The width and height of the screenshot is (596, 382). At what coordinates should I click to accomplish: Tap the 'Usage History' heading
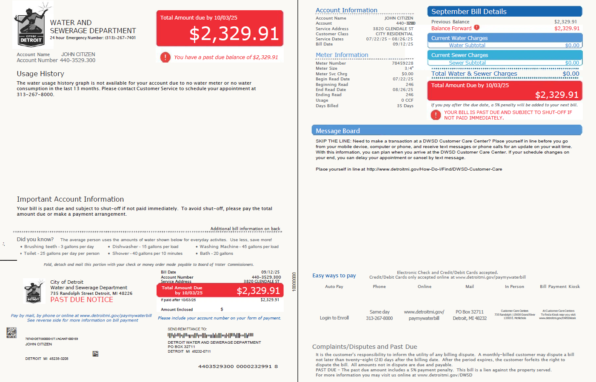[40, 74]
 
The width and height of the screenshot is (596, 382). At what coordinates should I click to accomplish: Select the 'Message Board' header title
[338, 131]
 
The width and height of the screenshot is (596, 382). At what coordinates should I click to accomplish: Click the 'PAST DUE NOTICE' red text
[82, 299]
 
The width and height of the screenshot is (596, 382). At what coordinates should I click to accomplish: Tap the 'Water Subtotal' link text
[467, 46]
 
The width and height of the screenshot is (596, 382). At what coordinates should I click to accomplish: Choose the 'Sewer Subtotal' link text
[467, 63]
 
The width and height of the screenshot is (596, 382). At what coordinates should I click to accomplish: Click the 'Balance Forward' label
[451, 29]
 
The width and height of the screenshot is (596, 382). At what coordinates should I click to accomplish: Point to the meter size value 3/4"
[408, 68]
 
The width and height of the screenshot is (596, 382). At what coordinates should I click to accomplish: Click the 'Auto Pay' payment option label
[334, 287]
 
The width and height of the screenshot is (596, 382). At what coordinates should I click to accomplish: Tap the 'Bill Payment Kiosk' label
[559, 287]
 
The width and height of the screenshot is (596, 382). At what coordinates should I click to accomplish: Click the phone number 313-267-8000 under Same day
[379, 318]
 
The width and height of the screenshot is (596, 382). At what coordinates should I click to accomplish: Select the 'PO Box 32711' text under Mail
[469, 312]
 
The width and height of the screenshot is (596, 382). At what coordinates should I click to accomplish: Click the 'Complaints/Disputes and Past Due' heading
[364, 347]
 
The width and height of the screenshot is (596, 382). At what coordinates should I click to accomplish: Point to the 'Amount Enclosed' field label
[177, 310]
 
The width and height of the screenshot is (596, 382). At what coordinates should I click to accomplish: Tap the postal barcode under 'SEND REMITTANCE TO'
[210, 335]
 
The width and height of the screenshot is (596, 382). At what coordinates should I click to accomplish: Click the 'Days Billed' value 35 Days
[405, 106]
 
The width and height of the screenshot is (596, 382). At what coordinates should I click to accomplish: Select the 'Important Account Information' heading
[70, 199]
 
